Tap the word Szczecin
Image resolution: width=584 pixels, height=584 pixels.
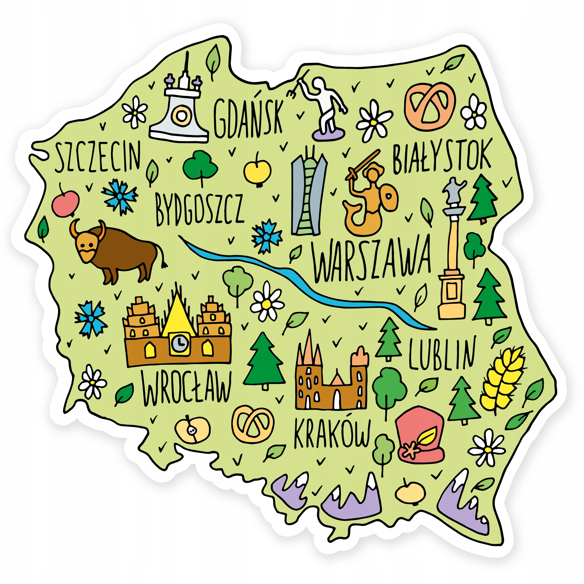(x=97, y=157)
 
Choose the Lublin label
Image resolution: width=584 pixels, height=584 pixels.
(x=442, y=354)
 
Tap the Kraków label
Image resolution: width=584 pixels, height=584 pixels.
(x=332, y=433)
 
